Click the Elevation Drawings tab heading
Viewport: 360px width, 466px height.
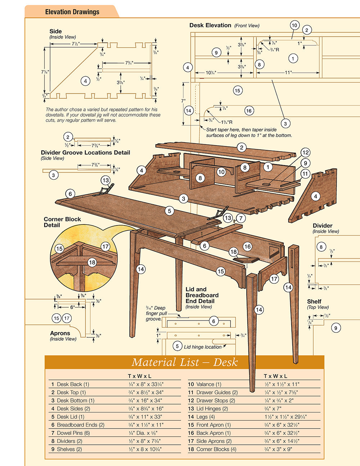click(72, 12)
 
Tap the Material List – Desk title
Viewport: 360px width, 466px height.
click(184, 362)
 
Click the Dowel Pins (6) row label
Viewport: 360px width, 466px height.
click(70, 433)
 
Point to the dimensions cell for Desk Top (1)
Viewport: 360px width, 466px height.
click(145, 392)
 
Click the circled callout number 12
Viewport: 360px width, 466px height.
click(305, 153)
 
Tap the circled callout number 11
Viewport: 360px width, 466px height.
click(305, 174)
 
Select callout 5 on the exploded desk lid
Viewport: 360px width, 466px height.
click(169, 211)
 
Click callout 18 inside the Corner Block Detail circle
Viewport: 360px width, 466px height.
click(92, 263)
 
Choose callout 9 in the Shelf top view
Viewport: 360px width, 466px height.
click(336, 328)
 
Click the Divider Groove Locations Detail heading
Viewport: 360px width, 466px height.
click(85, 152)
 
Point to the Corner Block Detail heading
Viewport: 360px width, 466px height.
click(62, 222)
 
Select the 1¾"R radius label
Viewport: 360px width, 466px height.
click(226, 122)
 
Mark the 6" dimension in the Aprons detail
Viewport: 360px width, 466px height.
click(72, 307)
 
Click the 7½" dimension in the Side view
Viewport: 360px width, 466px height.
click(75, 44)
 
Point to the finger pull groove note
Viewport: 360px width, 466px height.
click(156, 313)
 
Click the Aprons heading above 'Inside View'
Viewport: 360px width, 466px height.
click(60, 333)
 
